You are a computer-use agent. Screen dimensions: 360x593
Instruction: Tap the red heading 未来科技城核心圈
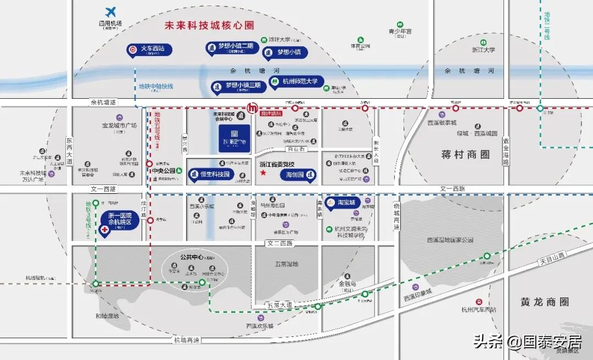(210, 26)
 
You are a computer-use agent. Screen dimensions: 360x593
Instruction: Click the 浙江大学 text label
(483, 49)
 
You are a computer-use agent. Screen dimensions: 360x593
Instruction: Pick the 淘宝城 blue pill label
(343, 203)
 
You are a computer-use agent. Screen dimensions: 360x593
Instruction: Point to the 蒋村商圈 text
(465, 155)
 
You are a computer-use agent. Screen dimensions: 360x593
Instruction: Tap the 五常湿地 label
(286, 264)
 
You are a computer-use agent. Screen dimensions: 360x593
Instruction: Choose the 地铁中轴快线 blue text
(155, 87)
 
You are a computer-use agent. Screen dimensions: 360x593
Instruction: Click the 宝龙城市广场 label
(119, 126)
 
